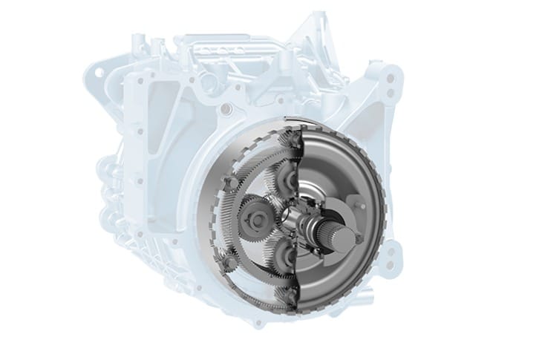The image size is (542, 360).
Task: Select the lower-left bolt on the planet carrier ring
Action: point(229,259)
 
